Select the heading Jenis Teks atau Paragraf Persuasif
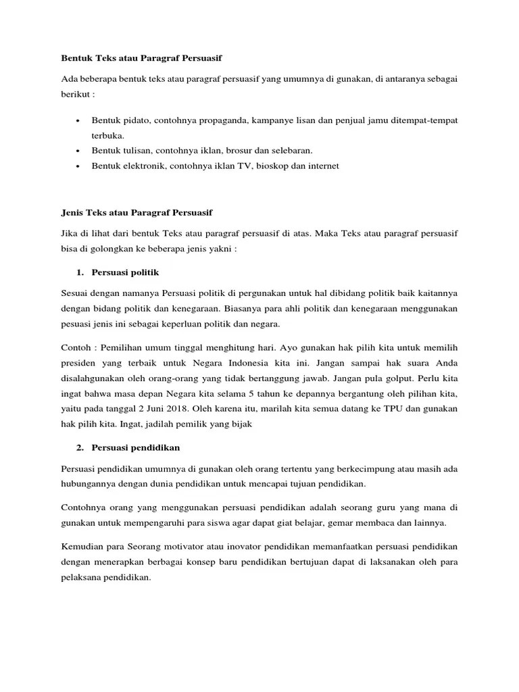tap(137, 212)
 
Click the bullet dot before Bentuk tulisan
tap(78, 150)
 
